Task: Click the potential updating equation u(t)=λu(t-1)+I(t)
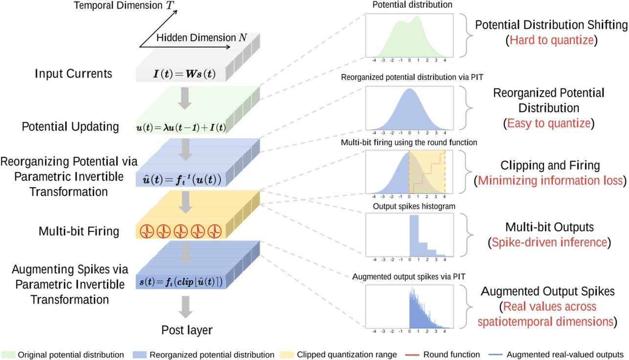tap(180, 128)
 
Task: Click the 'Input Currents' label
tap(73, 74)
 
